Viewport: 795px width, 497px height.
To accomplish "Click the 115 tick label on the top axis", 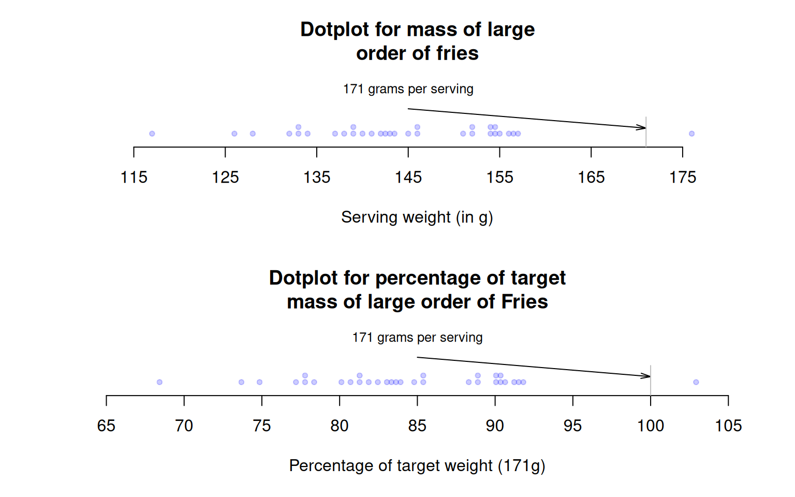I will click(x=134, y=178).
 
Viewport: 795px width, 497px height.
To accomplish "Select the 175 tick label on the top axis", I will click(x=683, y=178).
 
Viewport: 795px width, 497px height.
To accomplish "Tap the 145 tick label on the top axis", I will click(x=408, y=178).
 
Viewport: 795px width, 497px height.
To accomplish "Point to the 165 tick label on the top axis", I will click(x=591, y=178).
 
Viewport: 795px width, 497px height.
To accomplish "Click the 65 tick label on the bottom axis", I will click(x=106, y=426).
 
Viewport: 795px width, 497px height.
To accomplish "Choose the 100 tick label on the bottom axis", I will click(x=651, y=426).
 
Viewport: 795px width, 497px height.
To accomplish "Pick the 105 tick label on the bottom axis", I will click(x=728, y=426).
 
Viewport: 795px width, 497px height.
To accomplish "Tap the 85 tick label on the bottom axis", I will click(x=417, y=426).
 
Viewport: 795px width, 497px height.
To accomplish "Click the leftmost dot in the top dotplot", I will click(x=152, y=134).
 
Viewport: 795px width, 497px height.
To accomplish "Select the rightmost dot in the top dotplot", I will click(x=691, y=134).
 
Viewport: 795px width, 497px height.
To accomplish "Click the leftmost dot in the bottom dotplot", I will click(x=159, y=382).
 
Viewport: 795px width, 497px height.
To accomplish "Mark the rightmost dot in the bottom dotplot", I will click(x=696, y=382).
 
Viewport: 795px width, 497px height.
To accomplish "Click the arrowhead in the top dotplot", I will click(x=643, y=127).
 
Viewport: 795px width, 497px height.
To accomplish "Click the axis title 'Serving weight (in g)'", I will click(x=417, y=217).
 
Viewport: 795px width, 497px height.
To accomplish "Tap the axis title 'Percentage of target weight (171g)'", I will click(x=417, y=466).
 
